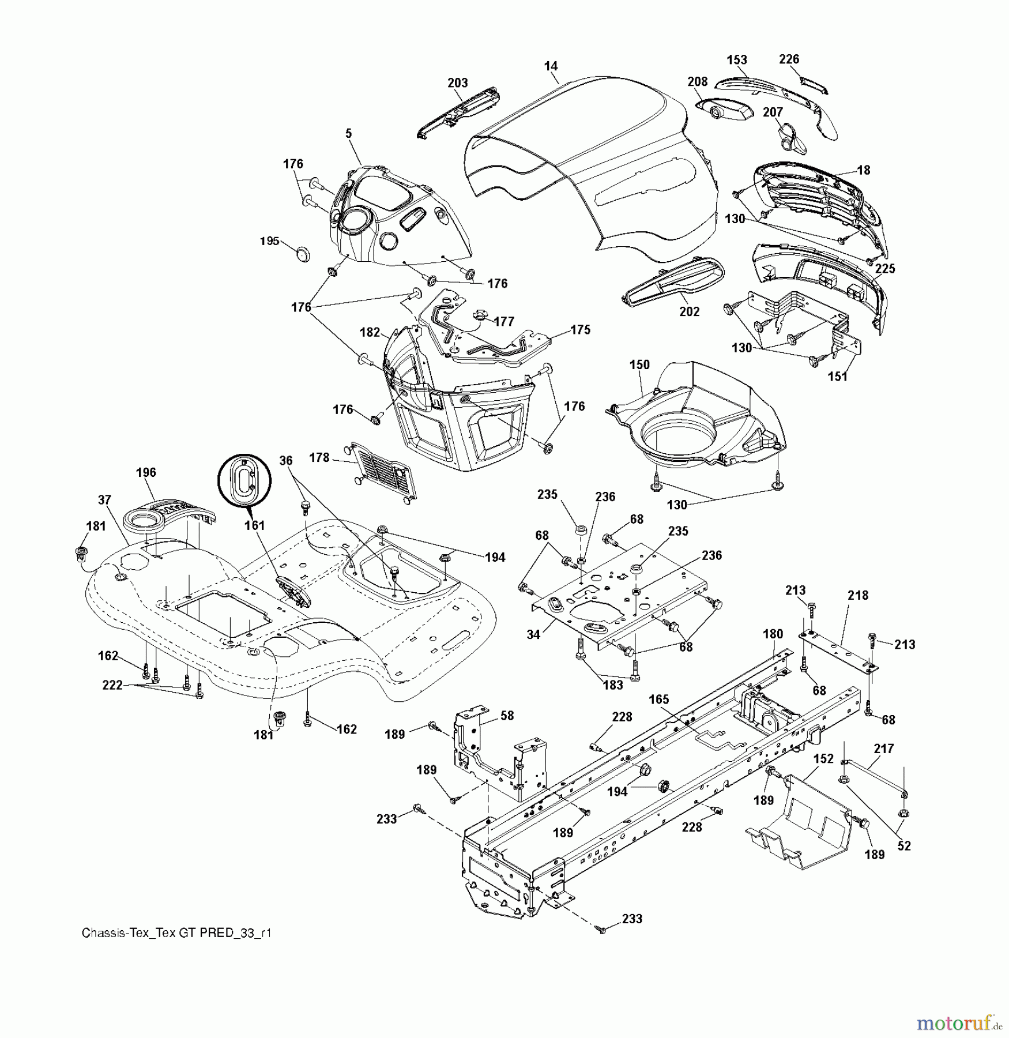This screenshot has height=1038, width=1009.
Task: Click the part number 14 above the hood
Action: tap(551, 66)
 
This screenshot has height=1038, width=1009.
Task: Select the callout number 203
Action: tap(458, 83)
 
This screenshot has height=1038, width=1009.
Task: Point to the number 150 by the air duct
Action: tap(639, 364)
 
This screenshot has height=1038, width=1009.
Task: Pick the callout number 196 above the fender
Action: tap(146, 472)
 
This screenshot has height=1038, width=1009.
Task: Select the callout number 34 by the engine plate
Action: tap(533, 634)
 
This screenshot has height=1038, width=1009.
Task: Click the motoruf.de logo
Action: tap(958, 1023)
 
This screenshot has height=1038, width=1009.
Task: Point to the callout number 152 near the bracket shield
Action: tap(823, 759)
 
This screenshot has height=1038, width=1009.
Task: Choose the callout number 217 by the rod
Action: tap(884, 749)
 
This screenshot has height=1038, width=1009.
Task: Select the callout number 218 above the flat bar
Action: tap(858, 595)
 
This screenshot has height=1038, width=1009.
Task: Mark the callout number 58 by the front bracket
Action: tap(507, 716)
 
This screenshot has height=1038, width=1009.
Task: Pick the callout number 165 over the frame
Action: tap(659, 699)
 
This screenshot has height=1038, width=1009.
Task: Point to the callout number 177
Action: tap(504, 321)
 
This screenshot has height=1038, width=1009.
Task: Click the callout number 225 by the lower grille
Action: tap(885, 269)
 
